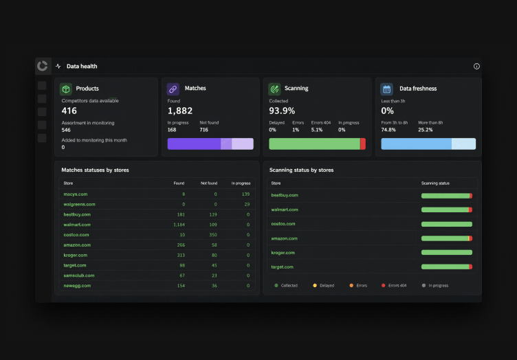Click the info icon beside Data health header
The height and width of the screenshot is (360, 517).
[x=476, y=66]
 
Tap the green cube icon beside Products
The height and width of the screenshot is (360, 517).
[x=66, y=89]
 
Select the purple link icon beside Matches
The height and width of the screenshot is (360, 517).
[x=173, y=89]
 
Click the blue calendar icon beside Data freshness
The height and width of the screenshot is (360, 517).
[x=387, y=89]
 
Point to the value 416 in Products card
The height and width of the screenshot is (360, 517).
[x=69, y=111]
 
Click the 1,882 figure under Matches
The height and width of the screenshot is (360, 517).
[x=179, y=111]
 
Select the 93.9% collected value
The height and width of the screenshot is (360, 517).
[x=282, y=111]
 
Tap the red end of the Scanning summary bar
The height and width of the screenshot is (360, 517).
[x=363, y=144]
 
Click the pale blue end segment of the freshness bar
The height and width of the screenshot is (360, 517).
[x=463, y=144]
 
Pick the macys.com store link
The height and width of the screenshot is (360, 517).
[x=76, y=194]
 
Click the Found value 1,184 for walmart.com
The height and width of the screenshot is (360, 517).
[x=179, y=225]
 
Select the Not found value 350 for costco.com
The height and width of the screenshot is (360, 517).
[x=213, y=235]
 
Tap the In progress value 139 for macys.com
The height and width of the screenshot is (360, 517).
[x=245, y=194]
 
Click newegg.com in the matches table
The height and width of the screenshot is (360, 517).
[x=77, y=286]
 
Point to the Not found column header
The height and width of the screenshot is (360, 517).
[x=209, y=183]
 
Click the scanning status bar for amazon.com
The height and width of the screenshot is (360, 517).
[x=447, y=238]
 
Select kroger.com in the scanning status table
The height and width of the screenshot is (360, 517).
[x=283, y=253]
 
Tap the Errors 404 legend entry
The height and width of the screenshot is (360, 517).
[x=394, y=286]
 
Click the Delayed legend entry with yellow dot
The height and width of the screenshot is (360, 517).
[x=323, y=286]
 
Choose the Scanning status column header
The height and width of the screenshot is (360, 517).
[x=435, y=183]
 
